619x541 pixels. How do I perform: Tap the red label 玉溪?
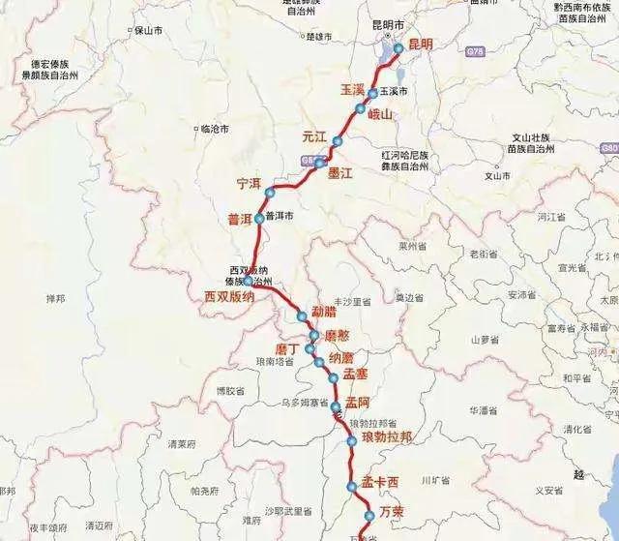(352, 89)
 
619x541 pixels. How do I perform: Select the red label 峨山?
(381, 114)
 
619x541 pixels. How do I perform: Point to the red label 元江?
(315, 135)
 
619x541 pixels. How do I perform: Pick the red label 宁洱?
(250, 183)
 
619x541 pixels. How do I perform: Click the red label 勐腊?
(325, 313)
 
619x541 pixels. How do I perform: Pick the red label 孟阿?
(359, 405)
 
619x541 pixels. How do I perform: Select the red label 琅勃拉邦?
(387, 437)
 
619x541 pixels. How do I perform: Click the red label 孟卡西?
(380, 482)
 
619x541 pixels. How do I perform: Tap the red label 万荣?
(392, 509)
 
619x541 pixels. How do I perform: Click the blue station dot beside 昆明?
(398, 49)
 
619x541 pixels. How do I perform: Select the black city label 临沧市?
(214, 128)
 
